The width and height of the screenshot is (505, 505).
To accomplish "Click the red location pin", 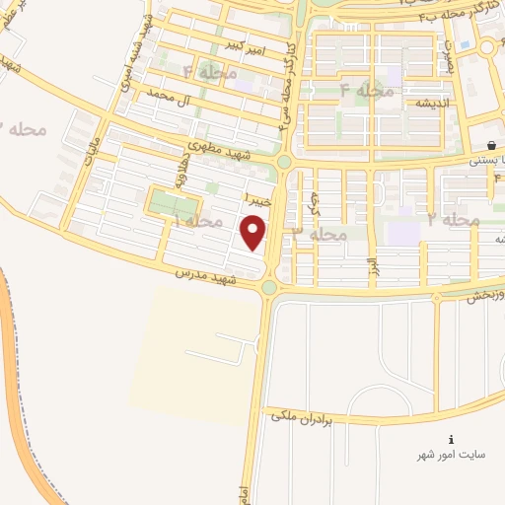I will tap(254, 233).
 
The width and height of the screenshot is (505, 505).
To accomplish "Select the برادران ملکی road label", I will tap(297, 418).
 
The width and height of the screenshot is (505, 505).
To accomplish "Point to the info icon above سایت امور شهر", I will tap(451, 439).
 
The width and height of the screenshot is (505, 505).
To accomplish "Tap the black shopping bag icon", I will tap(490, 145).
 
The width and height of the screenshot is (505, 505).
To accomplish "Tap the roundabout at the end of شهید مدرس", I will tap(269, 287).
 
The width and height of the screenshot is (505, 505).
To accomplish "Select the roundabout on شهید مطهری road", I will tap(284, 162).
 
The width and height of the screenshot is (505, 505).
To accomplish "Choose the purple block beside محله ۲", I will tap(403, 232).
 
